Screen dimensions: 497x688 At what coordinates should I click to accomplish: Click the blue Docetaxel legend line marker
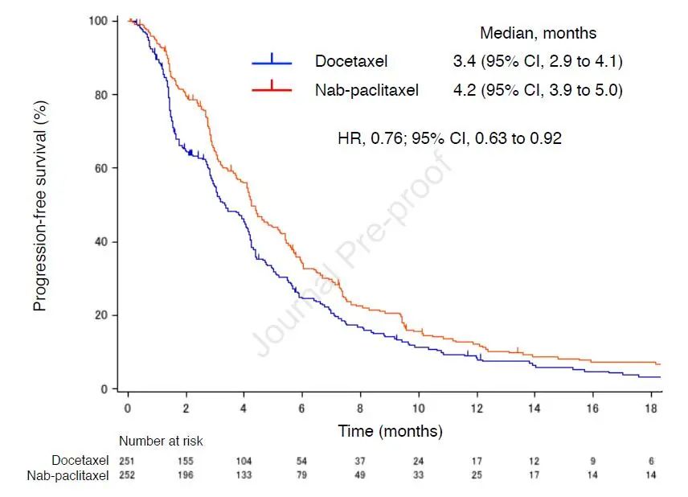point(272,61)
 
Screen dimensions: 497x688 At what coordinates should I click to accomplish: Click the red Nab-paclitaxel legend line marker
point(272,89)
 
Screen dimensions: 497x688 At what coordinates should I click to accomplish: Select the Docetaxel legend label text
point(351,62)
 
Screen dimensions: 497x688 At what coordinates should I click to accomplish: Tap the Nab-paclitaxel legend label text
point(367,90)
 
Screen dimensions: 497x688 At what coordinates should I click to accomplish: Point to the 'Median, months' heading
point(538,33)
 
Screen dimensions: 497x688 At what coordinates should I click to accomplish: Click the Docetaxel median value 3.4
point(463,62)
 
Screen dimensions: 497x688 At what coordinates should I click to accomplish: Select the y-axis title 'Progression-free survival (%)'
point(39,206)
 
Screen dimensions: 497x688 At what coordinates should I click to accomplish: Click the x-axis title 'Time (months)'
point(390,431)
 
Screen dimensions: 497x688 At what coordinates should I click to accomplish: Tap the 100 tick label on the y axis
point(99,20)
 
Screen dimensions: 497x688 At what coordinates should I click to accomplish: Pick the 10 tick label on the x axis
point(418,409)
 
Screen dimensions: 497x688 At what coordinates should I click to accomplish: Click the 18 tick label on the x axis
point(650,409)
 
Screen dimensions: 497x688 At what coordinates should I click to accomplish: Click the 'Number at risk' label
point(161,441)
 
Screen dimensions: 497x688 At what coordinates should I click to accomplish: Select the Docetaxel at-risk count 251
point(128,461)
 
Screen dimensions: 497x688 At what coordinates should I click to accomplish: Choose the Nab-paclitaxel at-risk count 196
point(186,474)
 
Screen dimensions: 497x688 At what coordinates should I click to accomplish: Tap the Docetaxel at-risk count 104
point(244,461)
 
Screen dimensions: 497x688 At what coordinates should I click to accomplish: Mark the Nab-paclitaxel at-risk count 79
point(302,474)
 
